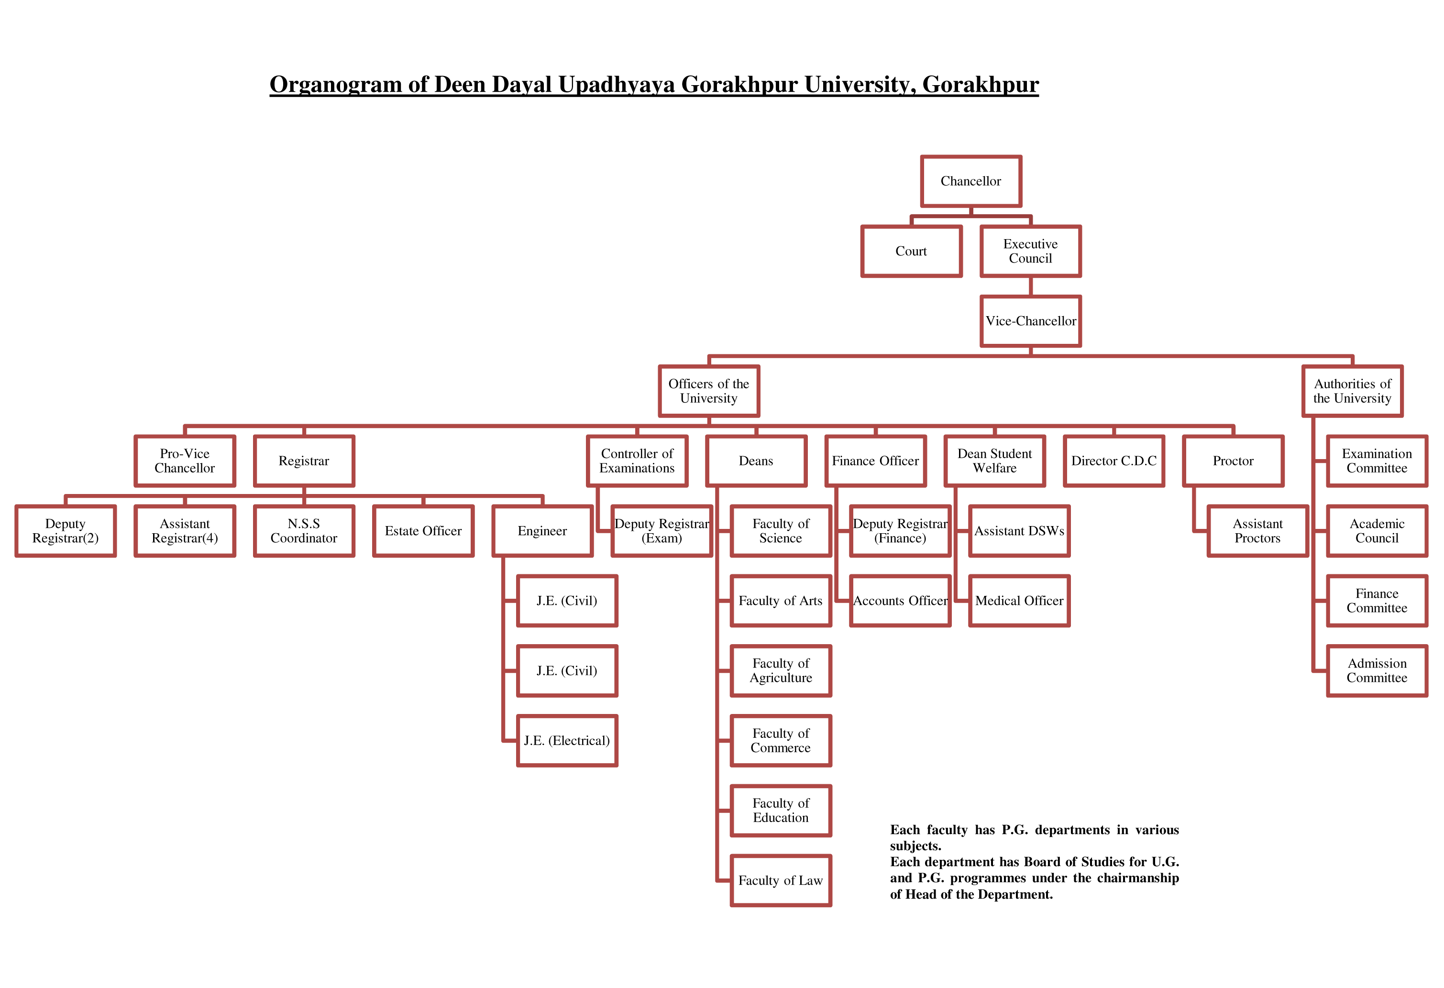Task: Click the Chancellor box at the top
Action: click(x=970, y=181)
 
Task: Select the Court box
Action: click(x=911, y=251)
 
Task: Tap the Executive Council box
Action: click(x=1030, y=251)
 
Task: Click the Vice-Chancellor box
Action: click(x=1030, y=320)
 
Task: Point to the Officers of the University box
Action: click(x=708, y=391)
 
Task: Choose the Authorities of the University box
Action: click(x=1352, y=391)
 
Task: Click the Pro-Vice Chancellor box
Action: click(x=185, y=461)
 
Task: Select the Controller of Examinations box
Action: click(x=637, y=461)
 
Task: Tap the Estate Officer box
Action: click(x=423, y=531)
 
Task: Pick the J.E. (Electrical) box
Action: click(x=567, y=740)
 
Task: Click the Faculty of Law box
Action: click(x=781, y=880)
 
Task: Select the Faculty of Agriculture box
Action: click(x=781, y=670)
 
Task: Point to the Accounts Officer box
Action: click(x=900, y=600)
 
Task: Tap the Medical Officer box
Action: click(x=1019, y=600)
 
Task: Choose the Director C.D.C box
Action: click(x=1113, y=461)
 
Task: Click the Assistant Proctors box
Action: click(x=1257, y=531)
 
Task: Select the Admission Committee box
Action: click(x=1377, y=670)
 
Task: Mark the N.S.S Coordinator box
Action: click(x=304, y=531)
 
